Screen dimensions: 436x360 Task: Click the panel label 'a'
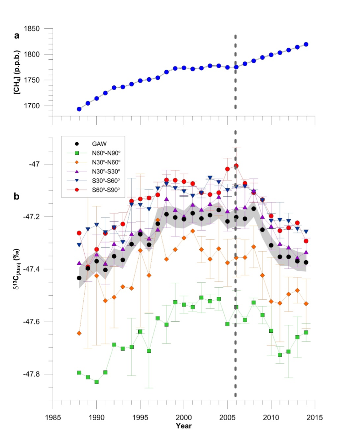click(x=17, y=35)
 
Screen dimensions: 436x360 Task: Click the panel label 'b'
click(x=17, y=197)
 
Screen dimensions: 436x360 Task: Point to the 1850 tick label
click(x=32, y=29)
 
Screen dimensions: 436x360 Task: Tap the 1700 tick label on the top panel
click(x=32, y=106)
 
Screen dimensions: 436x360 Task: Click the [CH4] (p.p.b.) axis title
click(x=17, y=73)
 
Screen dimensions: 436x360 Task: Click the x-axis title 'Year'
click(x=184, y=426)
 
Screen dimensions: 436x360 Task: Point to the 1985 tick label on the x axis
click(x=53, y=417)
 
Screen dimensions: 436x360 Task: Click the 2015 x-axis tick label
click(x=315, y=417)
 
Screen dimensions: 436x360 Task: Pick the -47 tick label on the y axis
click(x=36, y=164)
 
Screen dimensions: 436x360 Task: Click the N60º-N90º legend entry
click(x=106, y=153)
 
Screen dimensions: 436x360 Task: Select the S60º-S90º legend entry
click(x=106, y=190)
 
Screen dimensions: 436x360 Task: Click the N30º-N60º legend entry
click(x=106, y=162)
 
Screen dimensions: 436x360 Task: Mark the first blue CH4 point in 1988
click(x=79, y=109)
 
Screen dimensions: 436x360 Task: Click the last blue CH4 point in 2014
click(x=306, y=44)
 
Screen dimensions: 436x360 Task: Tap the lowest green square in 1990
click(x=97, y=382)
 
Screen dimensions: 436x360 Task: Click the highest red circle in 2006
click(x=236, y=166)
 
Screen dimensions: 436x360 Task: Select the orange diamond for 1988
click(x=79, y=333)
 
